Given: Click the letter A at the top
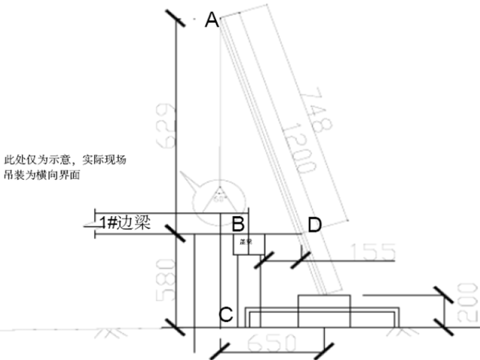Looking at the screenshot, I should tap(212, 21).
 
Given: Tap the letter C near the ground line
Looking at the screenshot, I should tap(225, 314).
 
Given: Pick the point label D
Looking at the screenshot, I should tap(315, 224).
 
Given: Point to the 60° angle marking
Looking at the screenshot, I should tap(220, 196).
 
